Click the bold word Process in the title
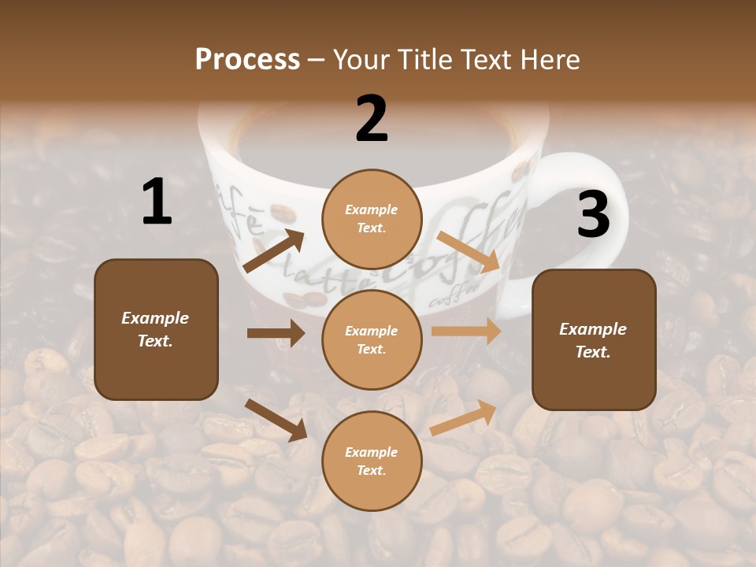247,60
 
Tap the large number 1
157,202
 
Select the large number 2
372,119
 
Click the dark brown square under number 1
156,329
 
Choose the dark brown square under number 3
594,339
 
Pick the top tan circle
372,219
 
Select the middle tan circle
372,339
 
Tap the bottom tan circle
372,461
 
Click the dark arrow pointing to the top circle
274,251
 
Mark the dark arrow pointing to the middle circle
276,333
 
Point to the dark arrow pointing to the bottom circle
276,420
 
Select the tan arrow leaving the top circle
469,252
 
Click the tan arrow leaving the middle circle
466,332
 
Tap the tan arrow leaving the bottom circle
463,418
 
